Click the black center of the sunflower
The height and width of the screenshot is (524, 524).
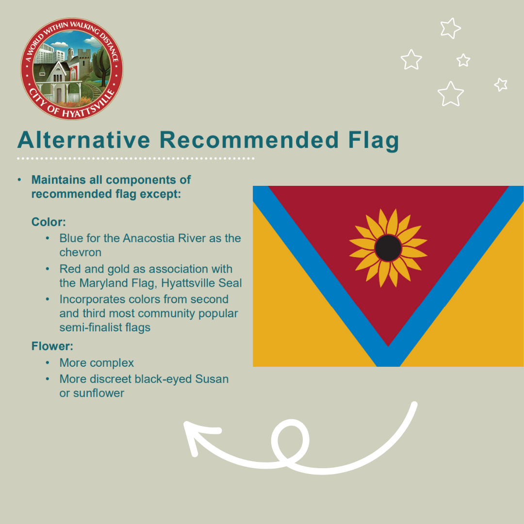click(388, 247)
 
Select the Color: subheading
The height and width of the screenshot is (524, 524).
click(49, 222)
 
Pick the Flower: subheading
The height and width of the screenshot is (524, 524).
click(52, 346)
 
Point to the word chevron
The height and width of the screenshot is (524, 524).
click(80, 252)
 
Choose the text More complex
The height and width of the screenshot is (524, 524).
click(97, 363)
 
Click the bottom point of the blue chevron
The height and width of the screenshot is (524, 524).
click(388, 366)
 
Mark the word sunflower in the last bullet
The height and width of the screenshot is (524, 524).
click(98, 393)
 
